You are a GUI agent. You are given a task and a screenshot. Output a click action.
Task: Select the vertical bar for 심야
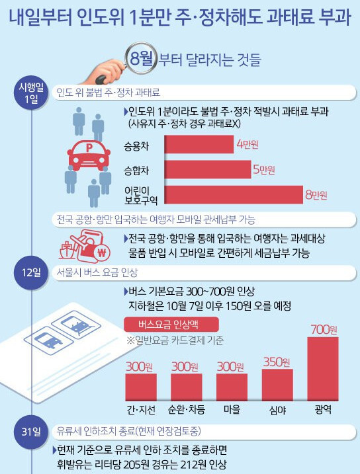tap(277, 383)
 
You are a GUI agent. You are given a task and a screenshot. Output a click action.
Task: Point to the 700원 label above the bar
tap(324, 328)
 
